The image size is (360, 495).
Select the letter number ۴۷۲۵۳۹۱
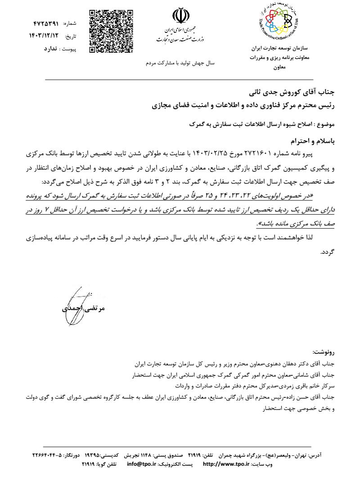[47, 22]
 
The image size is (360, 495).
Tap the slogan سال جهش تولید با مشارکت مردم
[180, 63]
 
